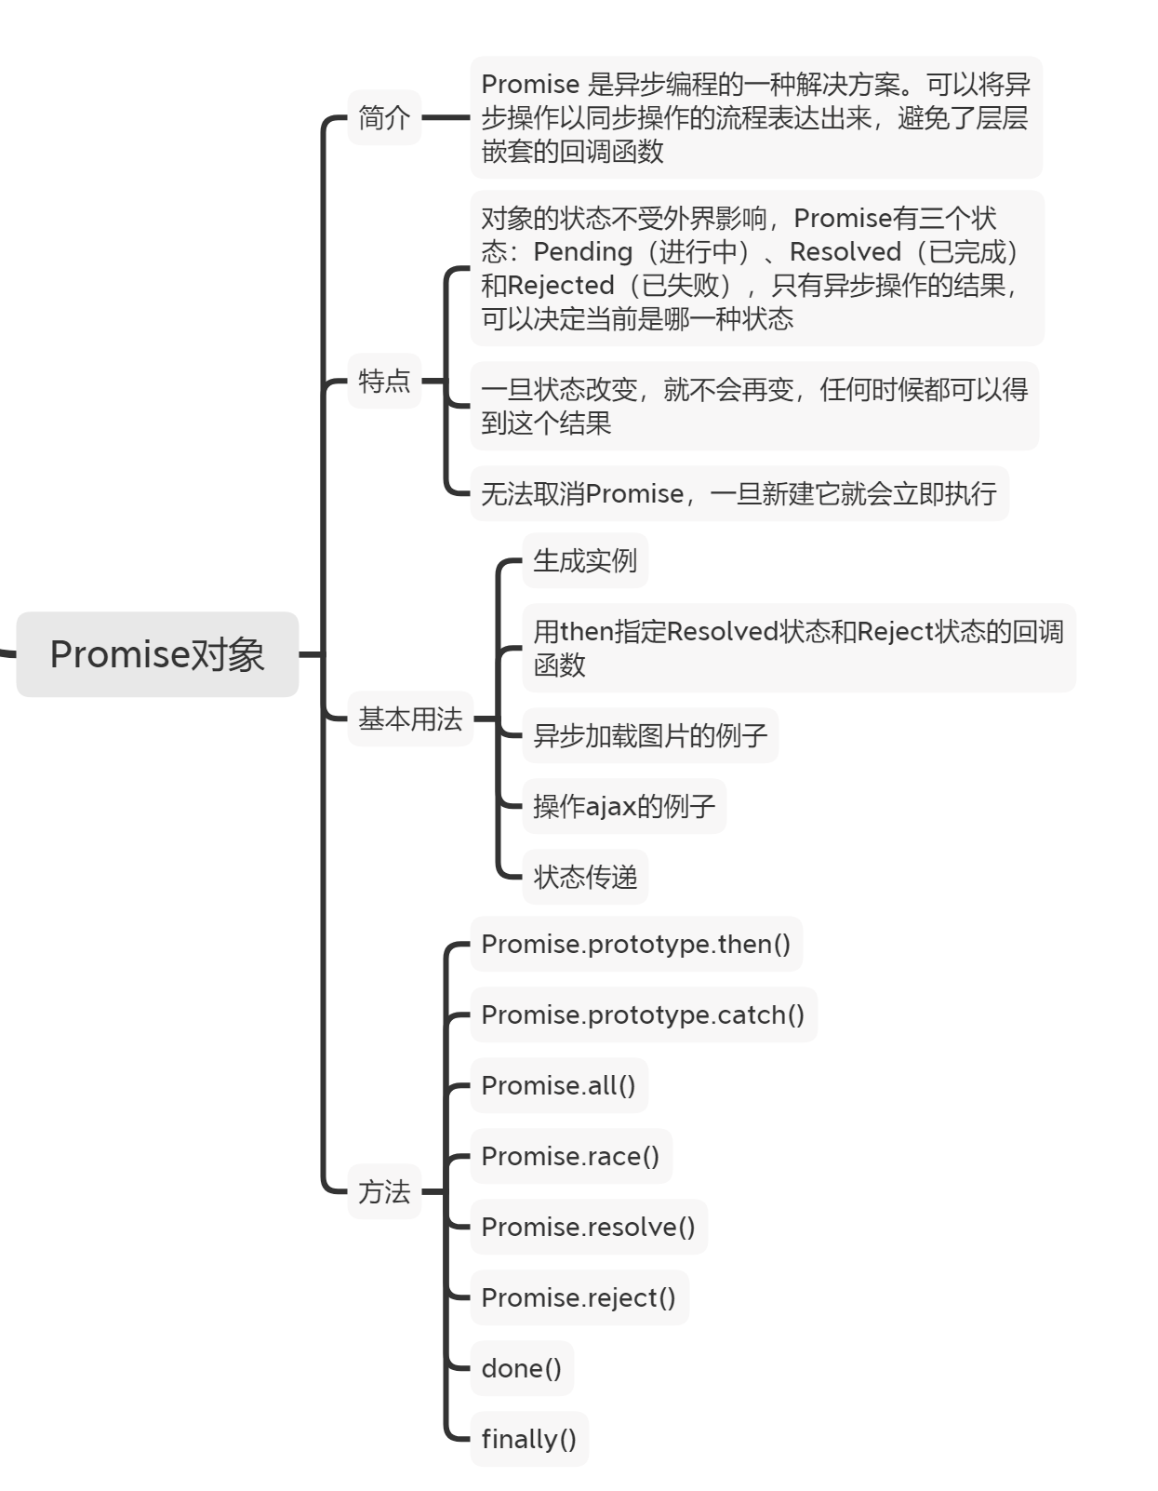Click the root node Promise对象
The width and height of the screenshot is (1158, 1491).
tap(157, 654)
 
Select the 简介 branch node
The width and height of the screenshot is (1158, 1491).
tap(384, 118)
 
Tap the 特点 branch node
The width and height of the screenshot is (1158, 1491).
tap(384, 381)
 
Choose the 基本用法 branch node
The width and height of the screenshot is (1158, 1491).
tap(410, 719)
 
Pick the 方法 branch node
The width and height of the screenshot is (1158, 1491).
tap(384, 1191)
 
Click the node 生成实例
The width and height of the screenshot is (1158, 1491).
tap(585, 561)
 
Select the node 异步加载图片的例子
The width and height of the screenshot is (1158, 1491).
tap(650, 736)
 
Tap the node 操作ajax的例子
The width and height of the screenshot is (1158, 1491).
tap(624, 806)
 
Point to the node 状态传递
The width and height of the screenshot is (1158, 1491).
tap(585, 877)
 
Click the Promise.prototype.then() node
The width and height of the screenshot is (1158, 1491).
tap(635, 945)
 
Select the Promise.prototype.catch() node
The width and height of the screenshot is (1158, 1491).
tap(643, 1015)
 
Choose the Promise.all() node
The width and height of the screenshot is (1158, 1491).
tap(558, 1086)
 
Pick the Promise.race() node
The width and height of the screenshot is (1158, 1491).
tap(570, 1157)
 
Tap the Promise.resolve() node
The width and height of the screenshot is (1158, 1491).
tap(588, 1228)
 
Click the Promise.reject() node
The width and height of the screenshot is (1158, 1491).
tap(579, 1298)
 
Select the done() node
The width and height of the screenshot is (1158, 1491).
tap(522, 1369)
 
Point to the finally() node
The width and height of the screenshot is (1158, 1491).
tap(529, 1440)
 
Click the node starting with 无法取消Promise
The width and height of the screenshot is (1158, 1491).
tap(739, 494)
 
